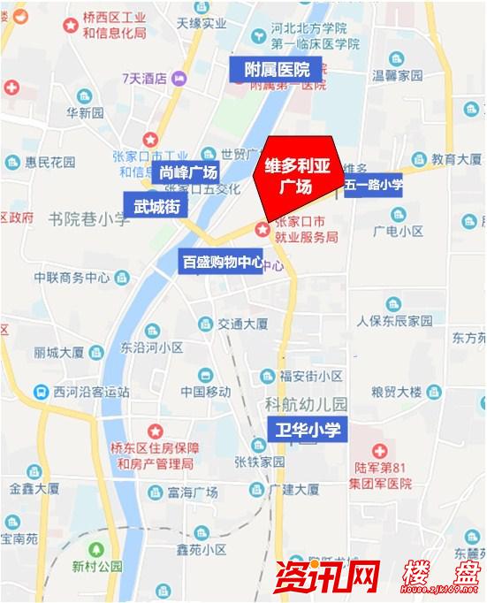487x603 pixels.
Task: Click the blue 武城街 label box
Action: pos(156,206)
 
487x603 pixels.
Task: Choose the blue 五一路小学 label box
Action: pos(373,186)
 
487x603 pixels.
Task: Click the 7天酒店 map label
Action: pos(144,80)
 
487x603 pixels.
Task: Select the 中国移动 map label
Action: pos(205,392)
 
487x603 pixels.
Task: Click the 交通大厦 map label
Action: pos(237,324)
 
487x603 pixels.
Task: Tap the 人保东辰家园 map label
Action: pos(393,320)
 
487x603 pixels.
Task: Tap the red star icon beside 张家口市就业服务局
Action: pos(262,229)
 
